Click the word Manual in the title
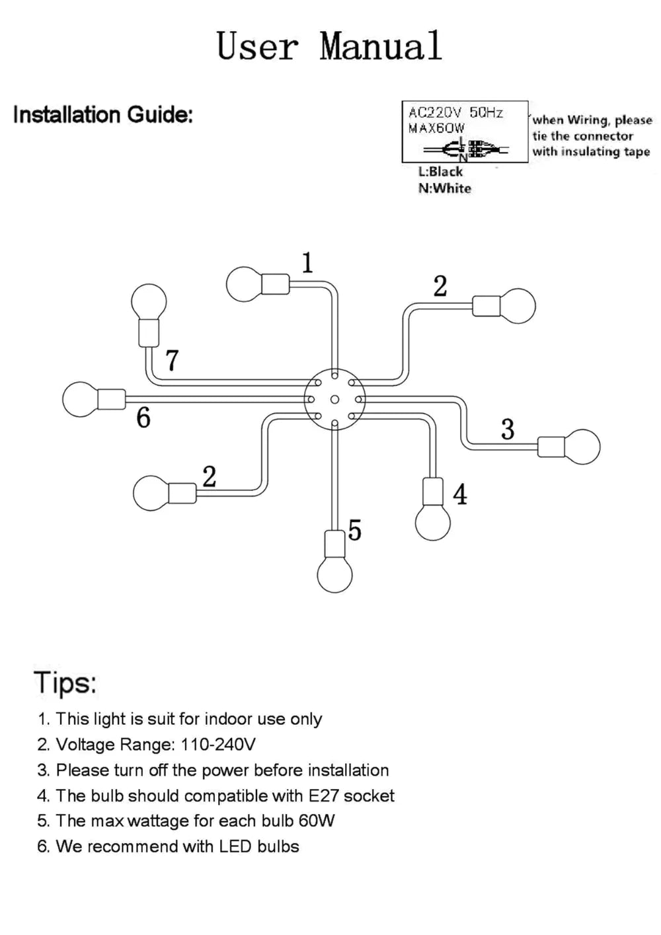click(381, 46)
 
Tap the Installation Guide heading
click(103, 115)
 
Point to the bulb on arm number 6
click(79, 399)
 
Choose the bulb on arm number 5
click(335, 574)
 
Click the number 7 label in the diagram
click(172, 361)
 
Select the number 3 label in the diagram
click(507, 430)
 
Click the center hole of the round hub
click(334, 399)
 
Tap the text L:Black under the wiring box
click(441, 171)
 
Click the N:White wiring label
click(445, 188)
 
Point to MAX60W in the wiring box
click(436, 128)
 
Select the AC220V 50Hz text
click(455, 112)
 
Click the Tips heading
click(65, 682)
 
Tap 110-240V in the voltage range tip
click(217, 745)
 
